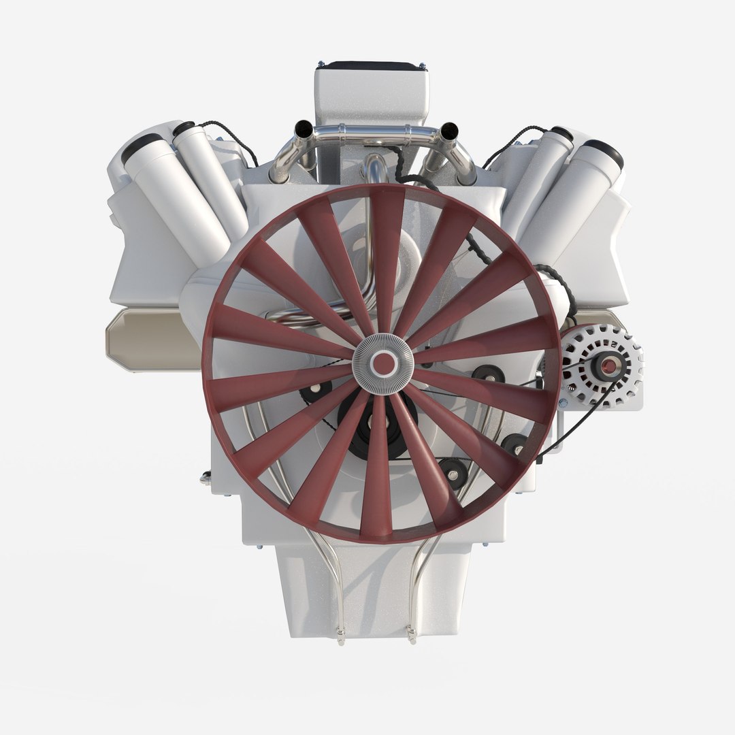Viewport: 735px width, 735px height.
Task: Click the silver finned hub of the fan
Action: pos(383,363)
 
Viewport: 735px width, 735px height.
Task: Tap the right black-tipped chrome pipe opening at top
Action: pos(448,129)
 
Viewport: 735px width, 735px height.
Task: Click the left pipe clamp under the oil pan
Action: pos(341,638)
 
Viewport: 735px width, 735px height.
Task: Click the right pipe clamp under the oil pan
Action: pos(411,638)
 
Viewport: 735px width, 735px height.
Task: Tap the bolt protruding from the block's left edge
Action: pos(205,478)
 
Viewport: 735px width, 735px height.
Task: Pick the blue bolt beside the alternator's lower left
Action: pos(563,403)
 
